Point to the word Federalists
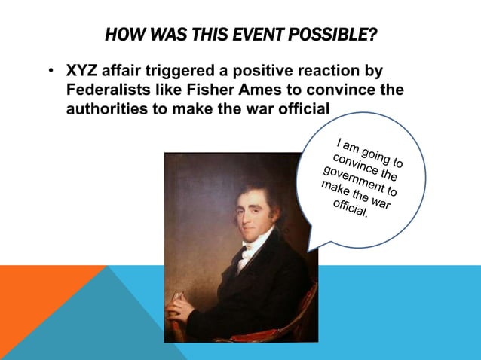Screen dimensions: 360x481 tap(107, 90)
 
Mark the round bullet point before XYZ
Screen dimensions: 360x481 tap(49, 72)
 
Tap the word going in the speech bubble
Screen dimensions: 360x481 tap(375, 154)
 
